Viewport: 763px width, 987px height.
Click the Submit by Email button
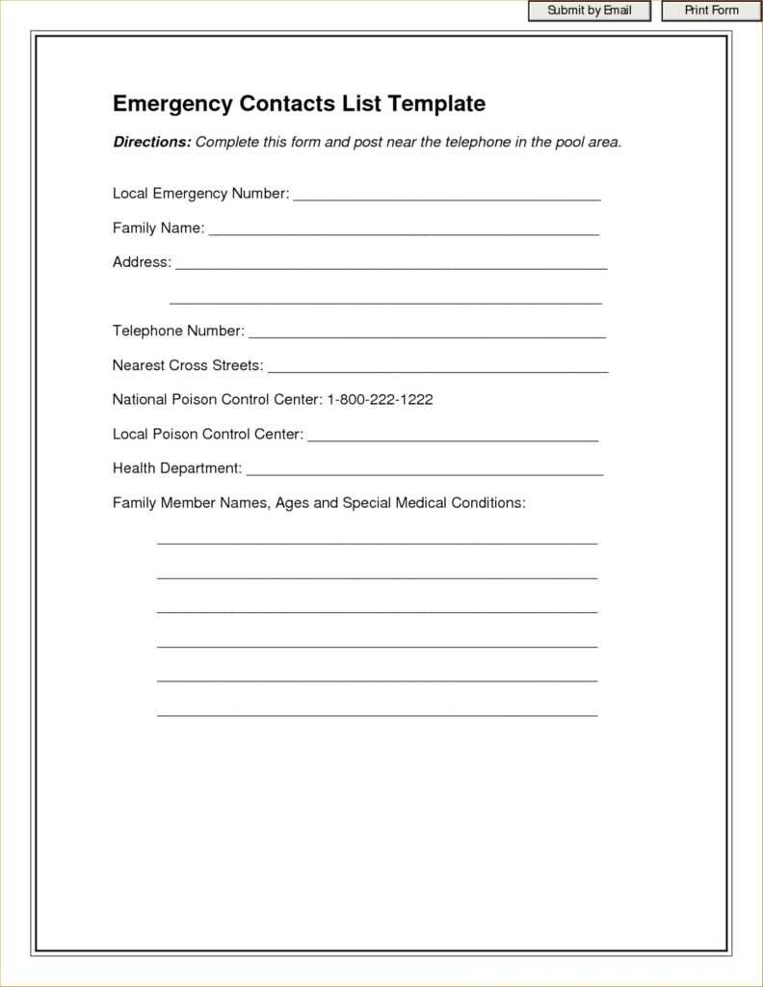pos(590,11)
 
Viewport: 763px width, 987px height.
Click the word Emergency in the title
pos(172,103)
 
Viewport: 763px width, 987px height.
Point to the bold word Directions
pos(151,142)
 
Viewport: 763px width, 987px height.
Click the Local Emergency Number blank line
pos(447,197)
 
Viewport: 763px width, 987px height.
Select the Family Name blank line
pos(404,231)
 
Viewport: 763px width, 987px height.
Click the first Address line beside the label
pos(391,265)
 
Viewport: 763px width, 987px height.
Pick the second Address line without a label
pos(385,301)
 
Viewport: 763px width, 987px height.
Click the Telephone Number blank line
pos(427,334)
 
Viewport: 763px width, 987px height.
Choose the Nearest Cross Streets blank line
pos(437,368)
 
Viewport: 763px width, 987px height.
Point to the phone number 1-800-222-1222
pos(380,399)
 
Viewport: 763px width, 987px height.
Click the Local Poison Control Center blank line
pos(453,438)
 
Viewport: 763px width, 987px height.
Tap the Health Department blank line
pos(425,471)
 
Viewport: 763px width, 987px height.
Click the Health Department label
pos(177,468)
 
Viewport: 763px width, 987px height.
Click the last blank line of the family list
pos(377,714)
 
